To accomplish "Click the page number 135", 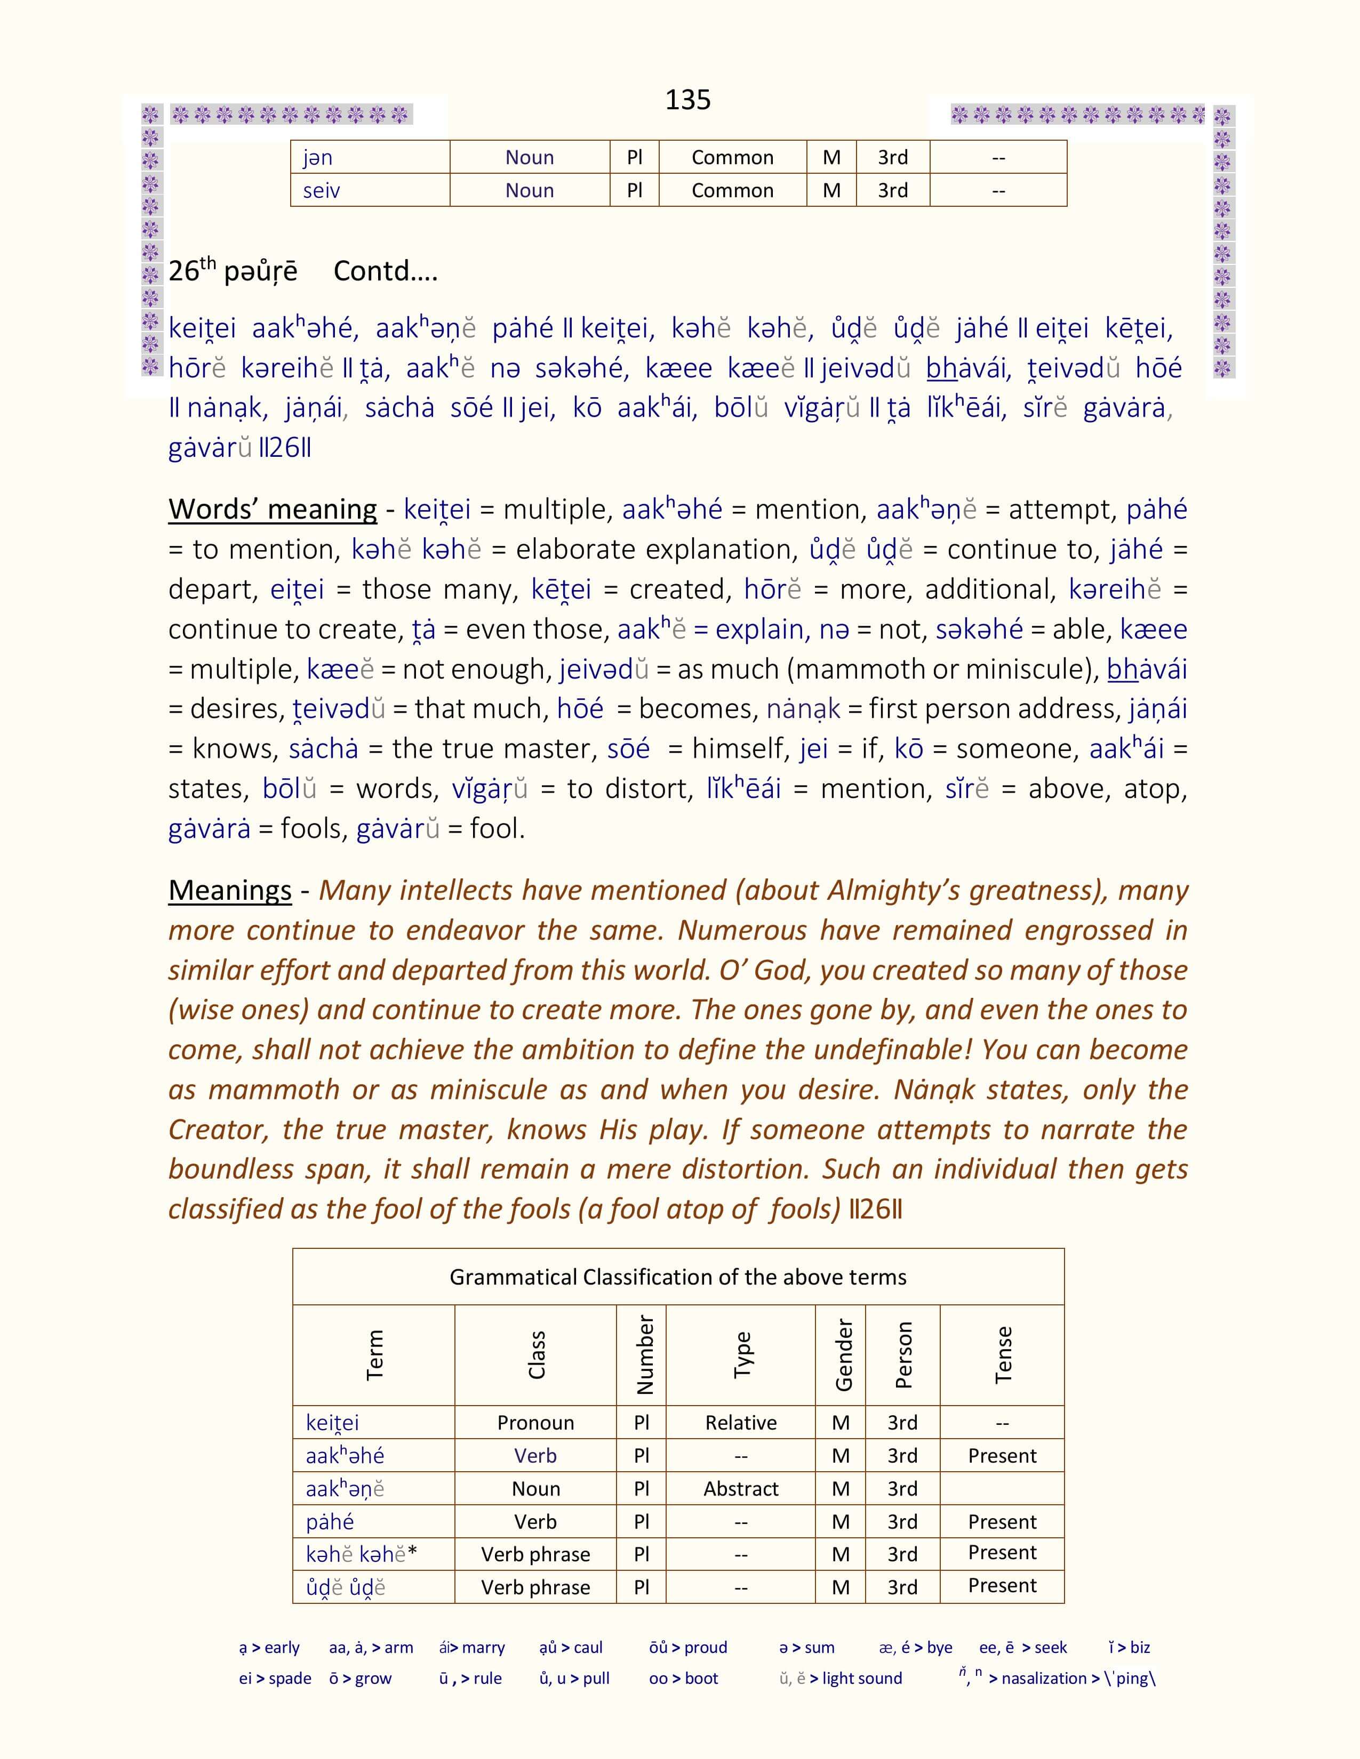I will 687,100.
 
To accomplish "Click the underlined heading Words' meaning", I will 273,509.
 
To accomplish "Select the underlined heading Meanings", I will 230,890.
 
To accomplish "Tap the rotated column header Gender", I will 843,1354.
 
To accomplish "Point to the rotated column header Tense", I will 1002,1354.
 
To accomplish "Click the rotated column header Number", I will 644,1354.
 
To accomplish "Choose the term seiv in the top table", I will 322,191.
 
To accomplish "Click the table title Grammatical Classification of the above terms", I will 677,1277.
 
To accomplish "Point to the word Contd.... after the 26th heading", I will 385,271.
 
